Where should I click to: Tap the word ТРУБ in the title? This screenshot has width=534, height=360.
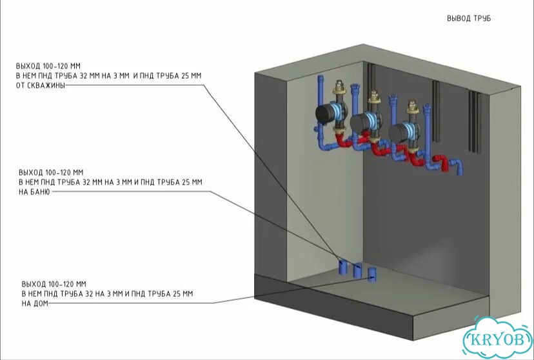[482, 19]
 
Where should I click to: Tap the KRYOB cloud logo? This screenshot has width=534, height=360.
[497, 339]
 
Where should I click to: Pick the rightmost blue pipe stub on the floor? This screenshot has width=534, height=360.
[372, 274]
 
